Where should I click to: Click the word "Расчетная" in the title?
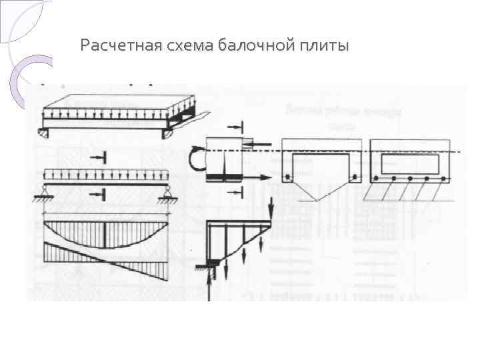[x=122, y=46]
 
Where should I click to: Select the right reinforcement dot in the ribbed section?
[x=357, y=178]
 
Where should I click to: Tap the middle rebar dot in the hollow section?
[x=409, y=179]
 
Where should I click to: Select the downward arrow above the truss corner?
[x=272, y=207]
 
